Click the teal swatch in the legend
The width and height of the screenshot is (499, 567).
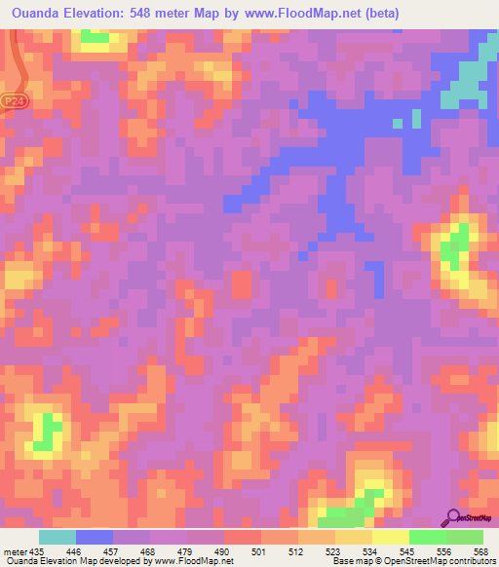tap(57, 537)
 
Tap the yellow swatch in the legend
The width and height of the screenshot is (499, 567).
tap(390, 537)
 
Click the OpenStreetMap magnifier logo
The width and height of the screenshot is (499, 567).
tap(454, 517)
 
